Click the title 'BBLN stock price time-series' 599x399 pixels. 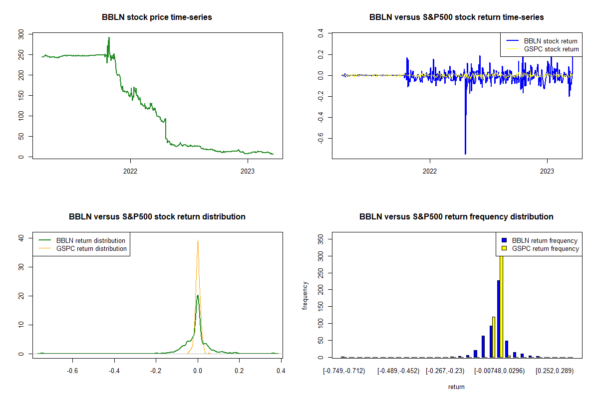pos(157,17)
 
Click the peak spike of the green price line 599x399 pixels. pos(109,38)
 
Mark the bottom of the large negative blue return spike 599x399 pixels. pos(465,154)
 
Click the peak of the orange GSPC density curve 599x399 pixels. pos(198,240)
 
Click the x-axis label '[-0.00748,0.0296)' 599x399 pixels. pos(499,371)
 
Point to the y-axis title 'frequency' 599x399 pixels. pos(305,296)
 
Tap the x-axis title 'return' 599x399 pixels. pos(456,387)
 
